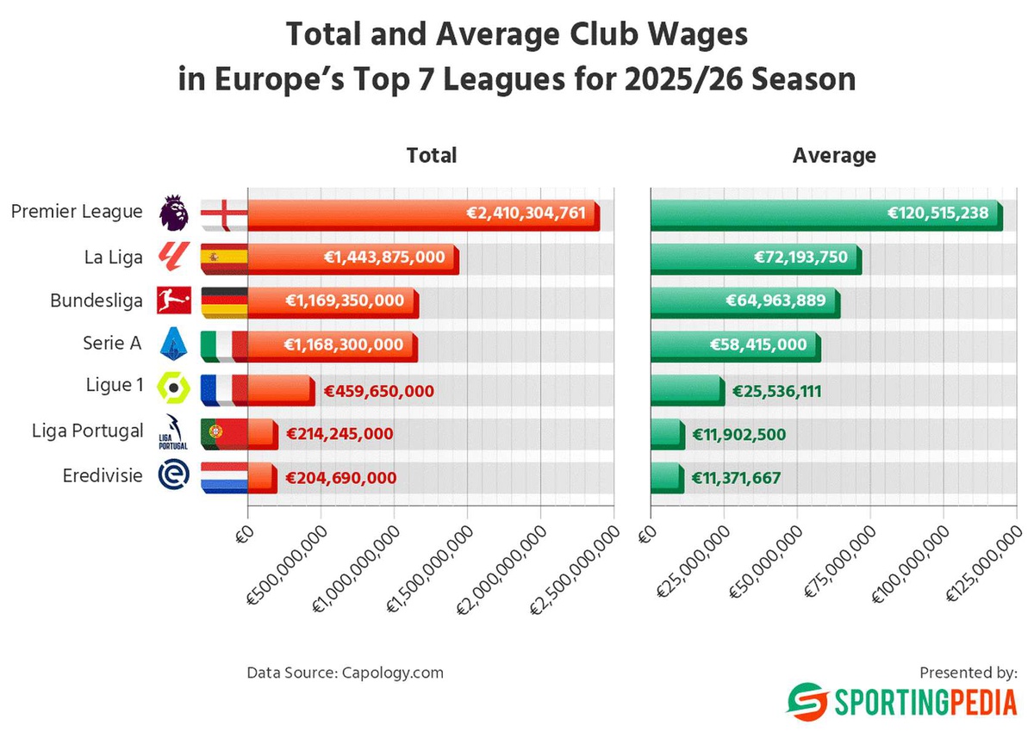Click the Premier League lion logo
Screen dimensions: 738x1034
pos(174,213)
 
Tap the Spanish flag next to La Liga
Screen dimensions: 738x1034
pos(223,257)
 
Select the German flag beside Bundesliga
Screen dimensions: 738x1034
pos(223,301)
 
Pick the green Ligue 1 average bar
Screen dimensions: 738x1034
pos(687,389)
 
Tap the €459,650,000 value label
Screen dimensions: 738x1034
pos(378,390)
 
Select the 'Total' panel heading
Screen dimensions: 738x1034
pos(431,156)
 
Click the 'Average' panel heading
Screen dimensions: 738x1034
pos(834,156)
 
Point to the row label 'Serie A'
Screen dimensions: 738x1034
pos(111,343)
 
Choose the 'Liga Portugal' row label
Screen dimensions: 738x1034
pos(87,431)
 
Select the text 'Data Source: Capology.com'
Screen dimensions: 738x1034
pos(345,672)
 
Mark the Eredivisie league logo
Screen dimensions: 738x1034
pos(174,476)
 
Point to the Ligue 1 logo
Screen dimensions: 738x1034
pos(174,388)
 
